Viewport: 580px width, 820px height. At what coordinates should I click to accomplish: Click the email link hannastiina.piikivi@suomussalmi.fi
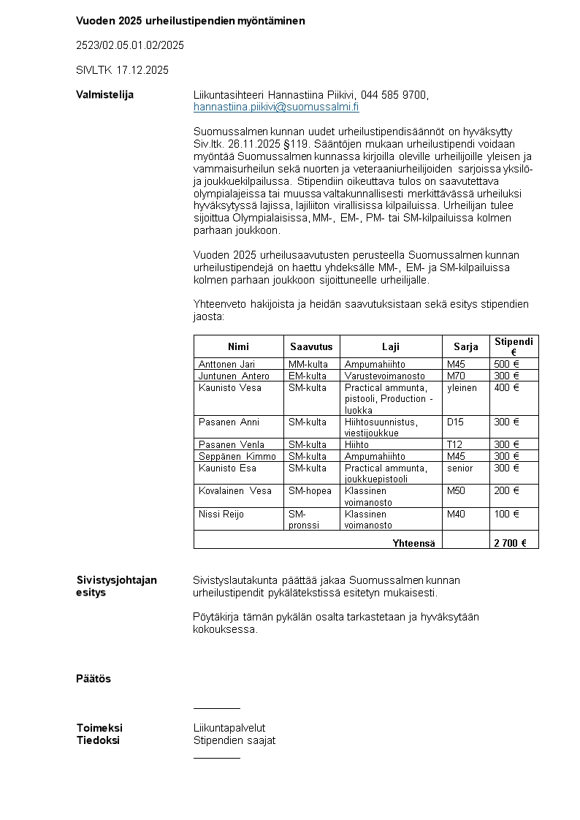point(276,107)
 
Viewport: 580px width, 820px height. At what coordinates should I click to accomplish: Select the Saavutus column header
point(311,346)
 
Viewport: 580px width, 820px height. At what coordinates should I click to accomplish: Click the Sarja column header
point(465,346)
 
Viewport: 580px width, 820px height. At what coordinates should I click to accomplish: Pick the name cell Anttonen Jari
point(227,364)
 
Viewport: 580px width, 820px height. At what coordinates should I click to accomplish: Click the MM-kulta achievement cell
point(308,364)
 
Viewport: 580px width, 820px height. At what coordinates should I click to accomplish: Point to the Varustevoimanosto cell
point(385,376)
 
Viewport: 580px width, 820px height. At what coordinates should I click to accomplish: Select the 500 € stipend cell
point(506,364)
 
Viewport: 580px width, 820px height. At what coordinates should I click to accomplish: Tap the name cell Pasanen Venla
point(230,444)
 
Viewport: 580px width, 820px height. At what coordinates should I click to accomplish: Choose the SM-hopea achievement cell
point(310,491)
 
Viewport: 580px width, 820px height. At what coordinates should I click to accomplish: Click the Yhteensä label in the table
point(413,543)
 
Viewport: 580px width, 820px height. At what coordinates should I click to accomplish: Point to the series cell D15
point(455,422)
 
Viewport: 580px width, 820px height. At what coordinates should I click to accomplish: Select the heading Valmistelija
point(104,95)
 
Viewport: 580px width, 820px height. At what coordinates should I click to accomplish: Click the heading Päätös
point(94,679)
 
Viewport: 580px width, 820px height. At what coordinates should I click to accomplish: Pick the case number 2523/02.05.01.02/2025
point(130,45)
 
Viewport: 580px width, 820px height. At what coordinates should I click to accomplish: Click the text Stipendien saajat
point(234,740)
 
